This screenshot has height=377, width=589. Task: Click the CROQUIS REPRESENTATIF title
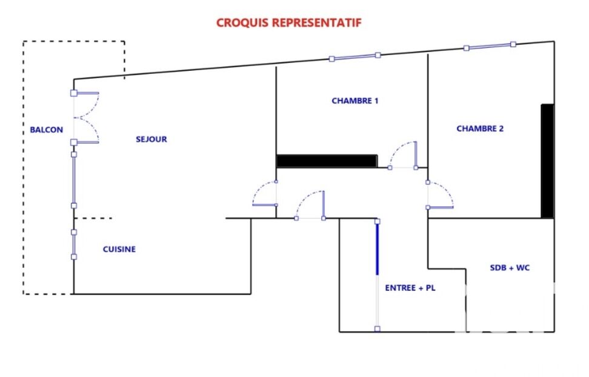[x=289, y=22]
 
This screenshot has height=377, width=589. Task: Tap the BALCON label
[x=47, y=130]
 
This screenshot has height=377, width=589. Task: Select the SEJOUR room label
[x=151, y=139]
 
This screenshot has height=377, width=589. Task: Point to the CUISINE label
[x=119, y=249]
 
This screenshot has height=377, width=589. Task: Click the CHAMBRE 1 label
[x=355, y=101]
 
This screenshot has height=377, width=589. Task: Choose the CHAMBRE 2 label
[x=480, y=128]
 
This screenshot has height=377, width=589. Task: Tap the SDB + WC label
[x=510, y=268]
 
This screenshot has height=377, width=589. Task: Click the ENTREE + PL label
[x=410, y=288]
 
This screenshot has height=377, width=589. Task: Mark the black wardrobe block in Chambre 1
[x=327, y=161]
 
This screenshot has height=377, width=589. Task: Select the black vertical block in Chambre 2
[x=547, y=161]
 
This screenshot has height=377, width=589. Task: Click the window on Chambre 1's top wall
[x=355, y=57]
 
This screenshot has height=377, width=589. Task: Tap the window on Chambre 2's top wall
[x=490, y=46]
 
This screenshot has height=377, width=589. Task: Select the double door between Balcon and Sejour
[x=85, y=117]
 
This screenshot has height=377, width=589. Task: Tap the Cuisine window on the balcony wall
[x=74, y=245]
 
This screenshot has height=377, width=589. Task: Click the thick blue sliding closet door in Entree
[x=378, y=248]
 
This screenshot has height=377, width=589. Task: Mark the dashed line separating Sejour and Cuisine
[x=93, y=218]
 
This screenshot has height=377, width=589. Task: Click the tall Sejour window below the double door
[x=74, y=180]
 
